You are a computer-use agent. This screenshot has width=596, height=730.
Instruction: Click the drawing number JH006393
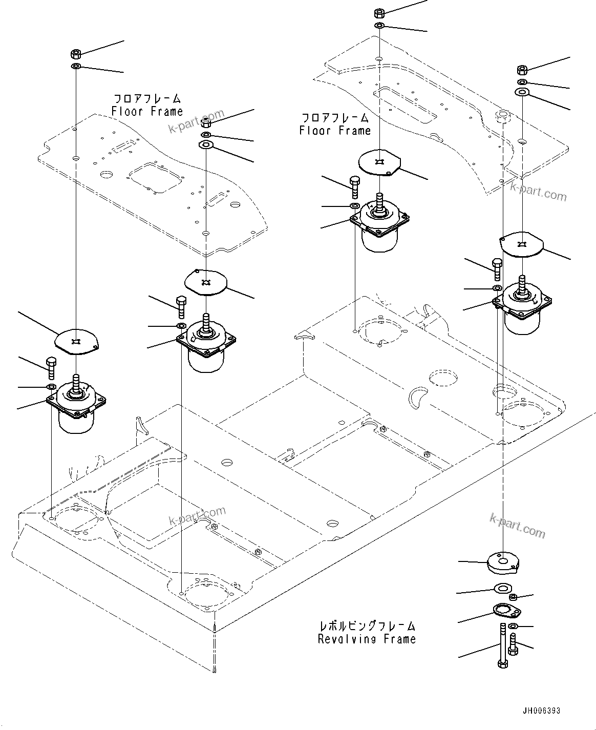coord(541,711)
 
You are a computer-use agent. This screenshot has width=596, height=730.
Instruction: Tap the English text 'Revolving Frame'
coord(367,639)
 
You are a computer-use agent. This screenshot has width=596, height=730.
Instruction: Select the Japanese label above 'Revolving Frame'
coord(367,625)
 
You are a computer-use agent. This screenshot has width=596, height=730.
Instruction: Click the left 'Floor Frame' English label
coord(147,111)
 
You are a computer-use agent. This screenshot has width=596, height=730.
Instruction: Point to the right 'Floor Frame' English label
coord(335,131)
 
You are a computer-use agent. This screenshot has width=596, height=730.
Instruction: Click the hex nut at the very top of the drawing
coord(380,13)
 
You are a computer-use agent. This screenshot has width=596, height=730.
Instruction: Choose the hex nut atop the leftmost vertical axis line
coord(75,53)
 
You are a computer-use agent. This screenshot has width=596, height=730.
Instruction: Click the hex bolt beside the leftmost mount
coord(51,367)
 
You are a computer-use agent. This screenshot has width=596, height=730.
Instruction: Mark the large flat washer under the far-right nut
coord(522,92)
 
